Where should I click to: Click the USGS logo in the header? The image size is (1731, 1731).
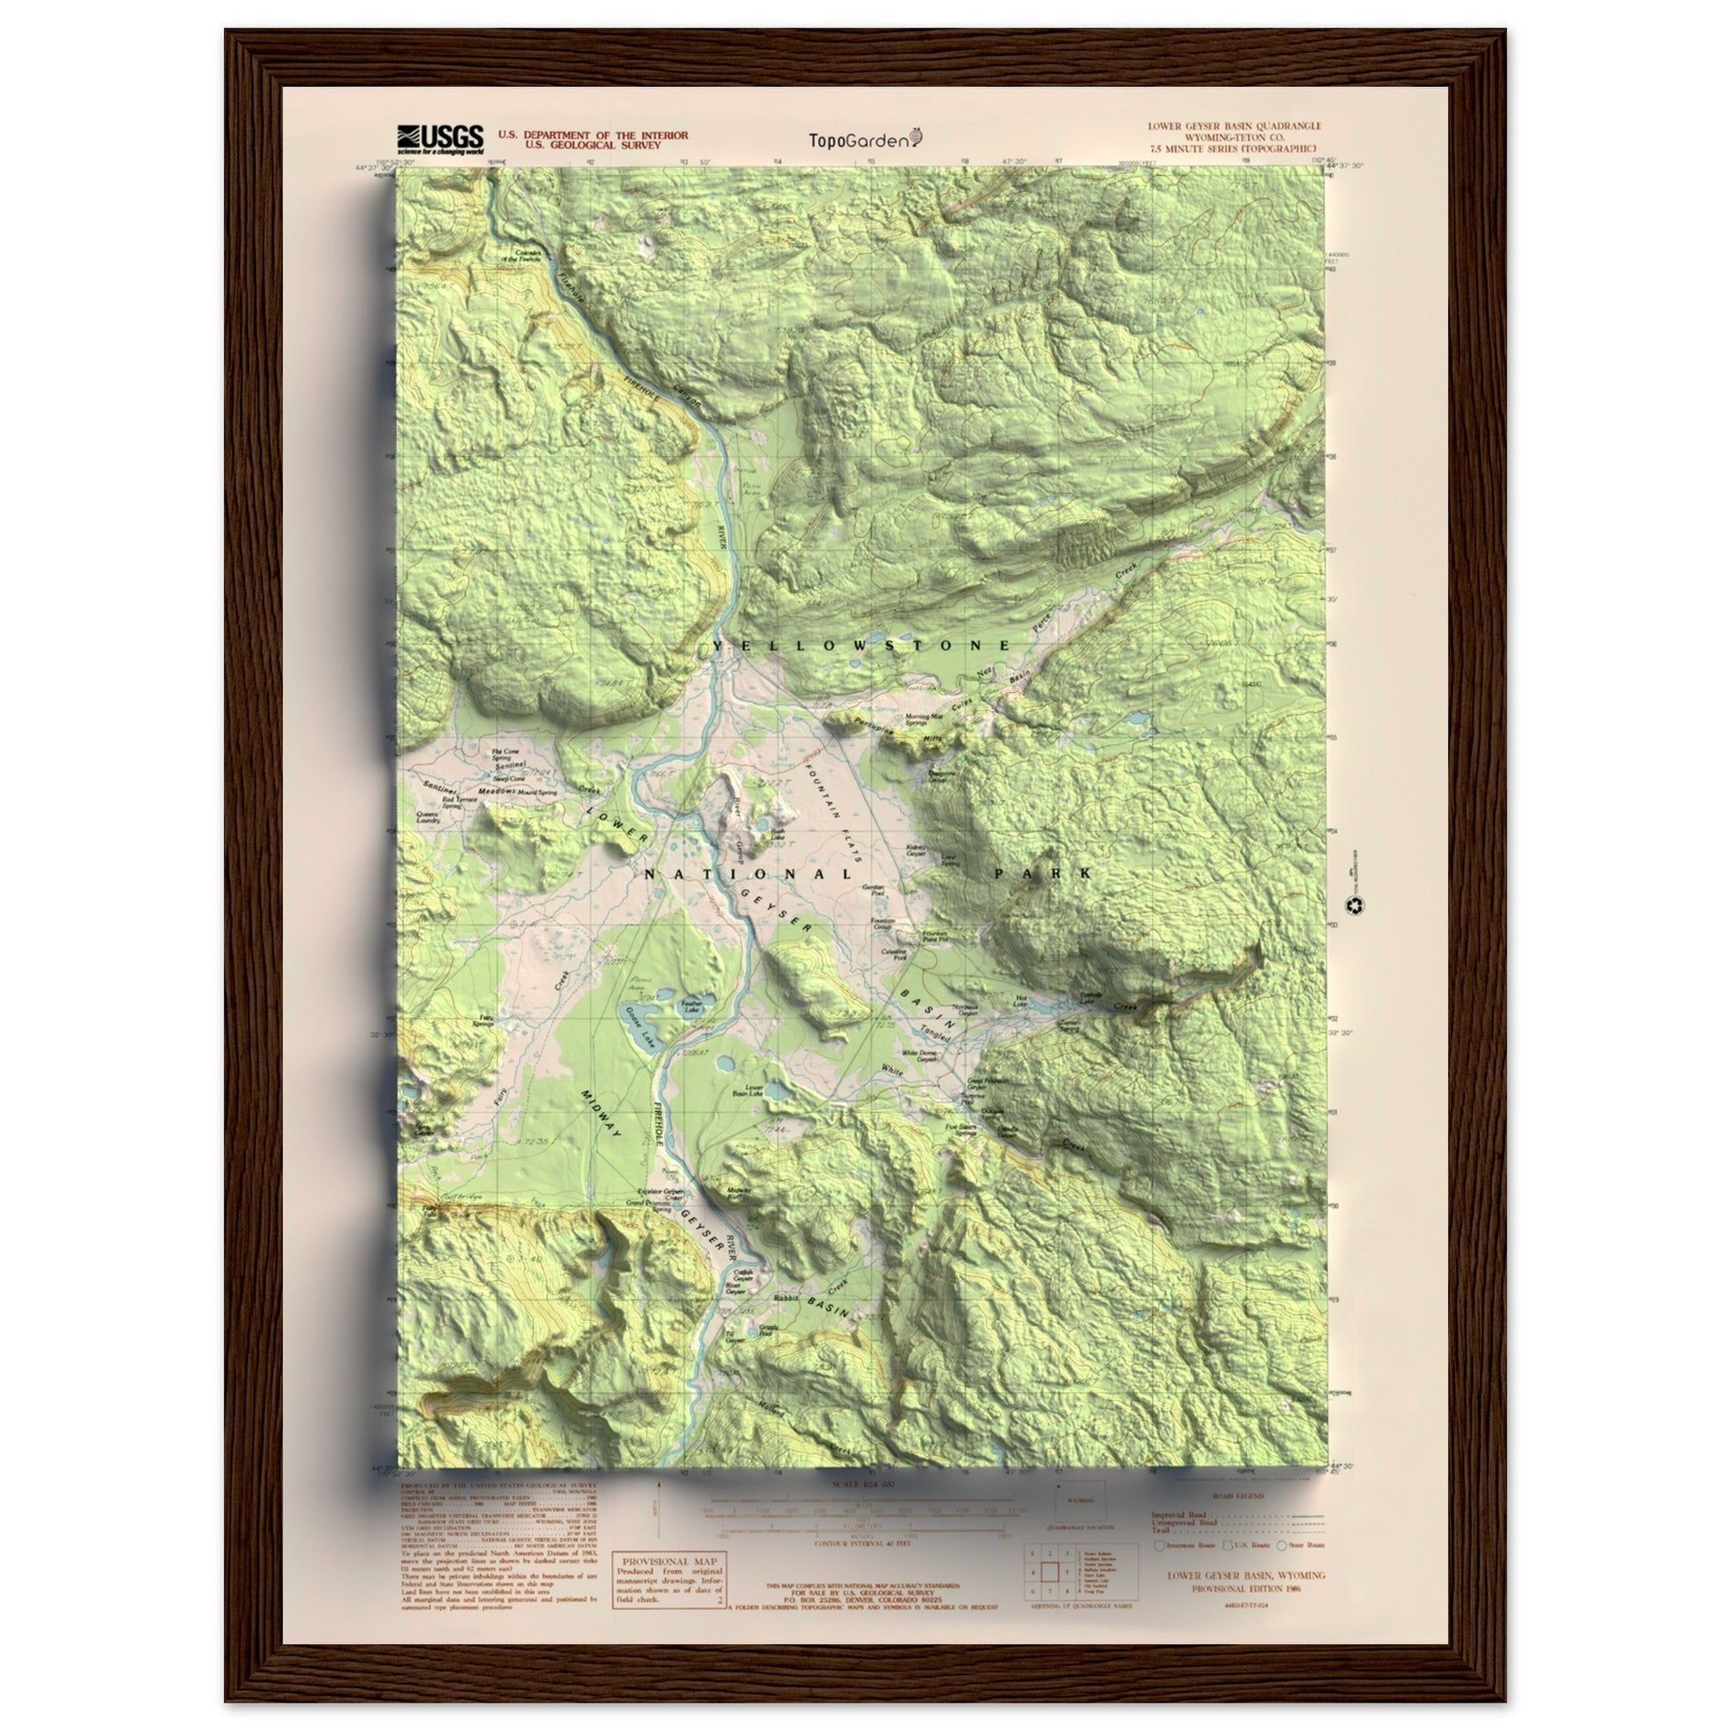pyautogui.click(x=440, y=140)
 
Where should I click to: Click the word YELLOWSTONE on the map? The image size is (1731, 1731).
pyautogui.click(x=862, y=645)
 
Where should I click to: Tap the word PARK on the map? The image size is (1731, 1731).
pyautogui.click(x=1042, y=873)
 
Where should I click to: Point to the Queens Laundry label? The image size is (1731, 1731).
pyautogui.click(x=426, y=817)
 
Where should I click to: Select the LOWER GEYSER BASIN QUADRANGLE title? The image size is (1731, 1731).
pyautogui.click(x=1234, y=127)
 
